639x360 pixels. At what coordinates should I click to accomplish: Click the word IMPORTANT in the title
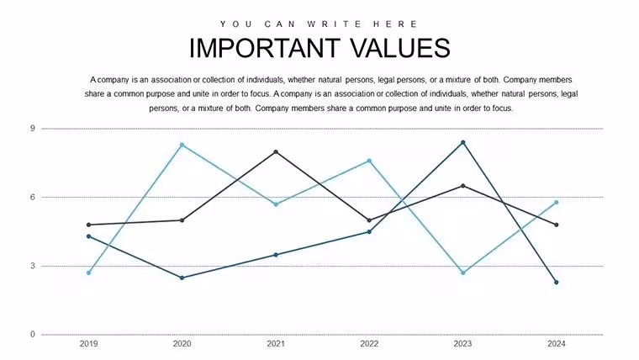tap(265, 48)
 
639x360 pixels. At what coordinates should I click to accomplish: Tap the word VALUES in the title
tap(400, 48)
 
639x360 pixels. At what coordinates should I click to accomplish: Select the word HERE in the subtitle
tap(395, 24)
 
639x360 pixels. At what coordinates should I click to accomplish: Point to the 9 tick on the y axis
tap(33, 129)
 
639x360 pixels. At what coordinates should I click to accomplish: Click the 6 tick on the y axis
tap(33, 197)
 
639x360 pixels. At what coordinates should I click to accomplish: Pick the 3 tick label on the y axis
tap(33, 266)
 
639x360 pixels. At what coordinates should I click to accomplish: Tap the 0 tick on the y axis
tap(33, 334)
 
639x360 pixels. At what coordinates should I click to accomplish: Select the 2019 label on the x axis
tap(89, 344)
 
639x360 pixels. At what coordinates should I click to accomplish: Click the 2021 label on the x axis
tap(276, 344)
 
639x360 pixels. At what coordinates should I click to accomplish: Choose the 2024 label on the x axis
tap(557, 344)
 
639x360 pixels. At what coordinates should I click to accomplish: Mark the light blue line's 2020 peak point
tap(182, 145)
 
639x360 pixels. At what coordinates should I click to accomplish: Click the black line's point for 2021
tap(276, 151)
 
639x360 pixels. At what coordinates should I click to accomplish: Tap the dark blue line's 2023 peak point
tap(463, 142)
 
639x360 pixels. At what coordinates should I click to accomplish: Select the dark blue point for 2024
tap(557, 282)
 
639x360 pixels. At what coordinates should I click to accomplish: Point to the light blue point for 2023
tap(463, 273)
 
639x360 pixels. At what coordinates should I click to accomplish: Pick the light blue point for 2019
tap(89, 273)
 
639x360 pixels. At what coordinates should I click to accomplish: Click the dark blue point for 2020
tap(182, 278)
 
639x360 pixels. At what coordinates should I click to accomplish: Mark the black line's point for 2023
tap(463, 186)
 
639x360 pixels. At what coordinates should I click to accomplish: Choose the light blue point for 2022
tap(369, 161)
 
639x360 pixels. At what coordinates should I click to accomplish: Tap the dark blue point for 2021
tap(276, 255)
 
